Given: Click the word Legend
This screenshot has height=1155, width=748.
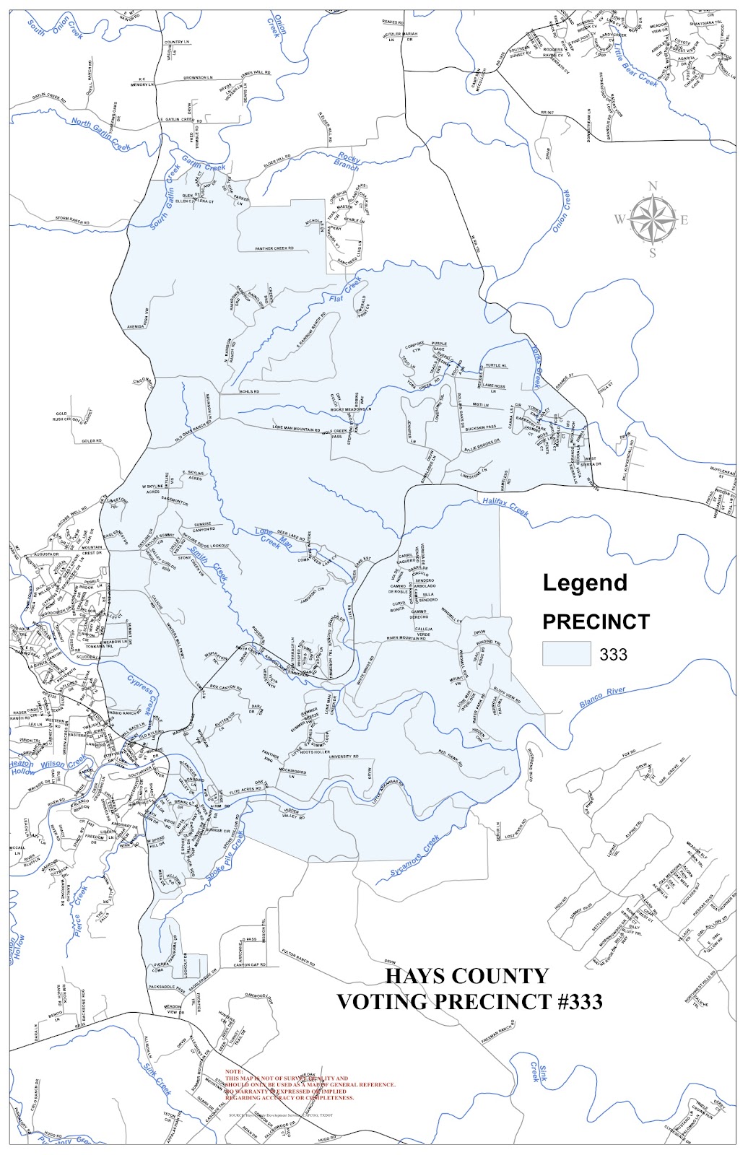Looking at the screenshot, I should [x=585, y=583].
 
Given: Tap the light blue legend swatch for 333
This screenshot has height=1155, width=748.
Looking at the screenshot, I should [x=566, y=654].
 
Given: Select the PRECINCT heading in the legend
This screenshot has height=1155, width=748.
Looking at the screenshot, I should [x=596, y=622].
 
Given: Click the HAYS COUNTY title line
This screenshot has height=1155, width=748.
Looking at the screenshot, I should [x=466, y=976].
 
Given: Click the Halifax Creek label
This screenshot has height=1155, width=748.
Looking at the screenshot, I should [x=505, y=507].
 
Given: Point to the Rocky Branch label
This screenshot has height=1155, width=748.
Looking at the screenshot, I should [x=347, y=161].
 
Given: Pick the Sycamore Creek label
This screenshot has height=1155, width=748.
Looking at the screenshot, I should [x=414, y=857].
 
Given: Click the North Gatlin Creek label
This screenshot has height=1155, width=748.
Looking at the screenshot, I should [x=101, y=134].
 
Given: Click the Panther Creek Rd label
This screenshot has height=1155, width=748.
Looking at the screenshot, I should [x=274, y=248].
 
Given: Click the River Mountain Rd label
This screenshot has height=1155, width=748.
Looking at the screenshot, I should [x=406, y=638].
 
